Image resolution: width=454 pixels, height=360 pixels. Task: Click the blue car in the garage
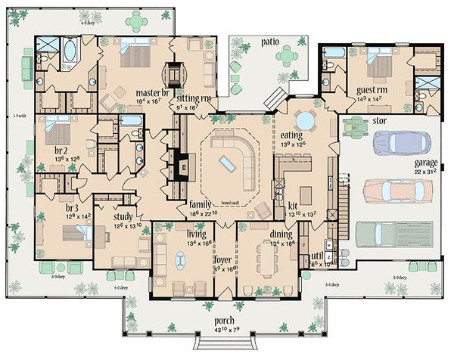point(402,142)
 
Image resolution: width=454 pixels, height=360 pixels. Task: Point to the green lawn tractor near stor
point(354,123)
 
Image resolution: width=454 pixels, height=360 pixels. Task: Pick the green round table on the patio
point(288,55)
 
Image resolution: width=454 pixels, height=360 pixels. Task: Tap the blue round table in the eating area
point(305,121)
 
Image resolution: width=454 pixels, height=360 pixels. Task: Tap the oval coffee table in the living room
point(181,261)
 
